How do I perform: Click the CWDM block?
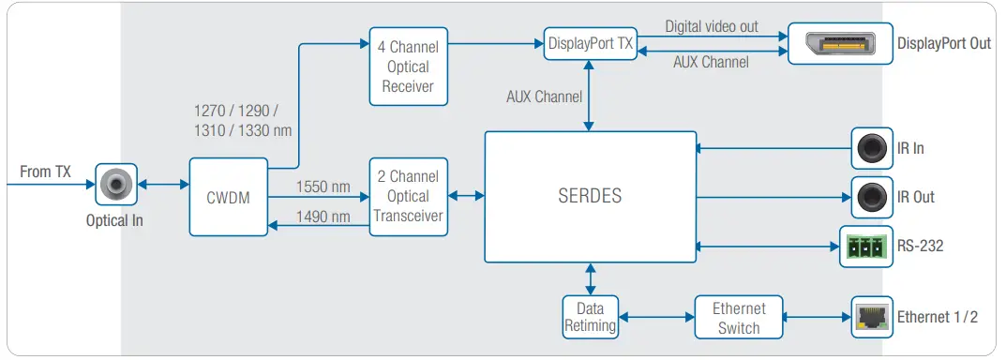pos(228,197)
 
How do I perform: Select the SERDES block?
pos(589,197)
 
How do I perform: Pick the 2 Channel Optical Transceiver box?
pos(408,197)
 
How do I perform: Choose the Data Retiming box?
pos(590,317)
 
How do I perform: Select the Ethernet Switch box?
pos(738,317)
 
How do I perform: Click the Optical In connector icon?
pos(116,185)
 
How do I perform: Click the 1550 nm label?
pos(323,187)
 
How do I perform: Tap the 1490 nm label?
pos(323,217)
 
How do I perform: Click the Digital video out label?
pos(712,27)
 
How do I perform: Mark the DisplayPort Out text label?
pos(943,44)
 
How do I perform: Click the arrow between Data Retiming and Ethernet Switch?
pos(656,317)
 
